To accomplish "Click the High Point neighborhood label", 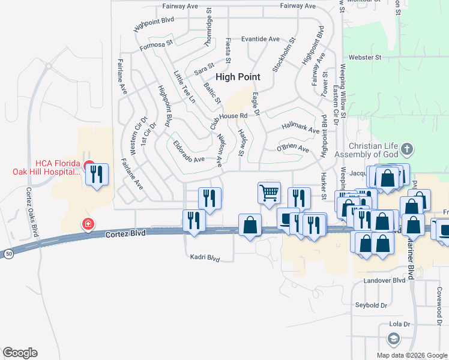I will coord(238,77).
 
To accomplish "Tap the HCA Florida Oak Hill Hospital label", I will coord(46,167).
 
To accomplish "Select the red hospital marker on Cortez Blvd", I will coord(88,224).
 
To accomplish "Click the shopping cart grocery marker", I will coord(269,193).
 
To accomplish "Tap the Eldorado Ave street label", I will coord(189,159).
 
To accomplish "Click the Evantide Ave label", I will coord(261,39).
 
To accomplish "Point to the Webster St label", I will coord(370,58).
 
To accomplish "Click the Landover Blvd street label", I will coord(385,280).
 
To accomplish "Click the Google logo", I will coord(20,353).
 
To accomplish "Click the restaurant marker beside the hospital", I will coord(97,175).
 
